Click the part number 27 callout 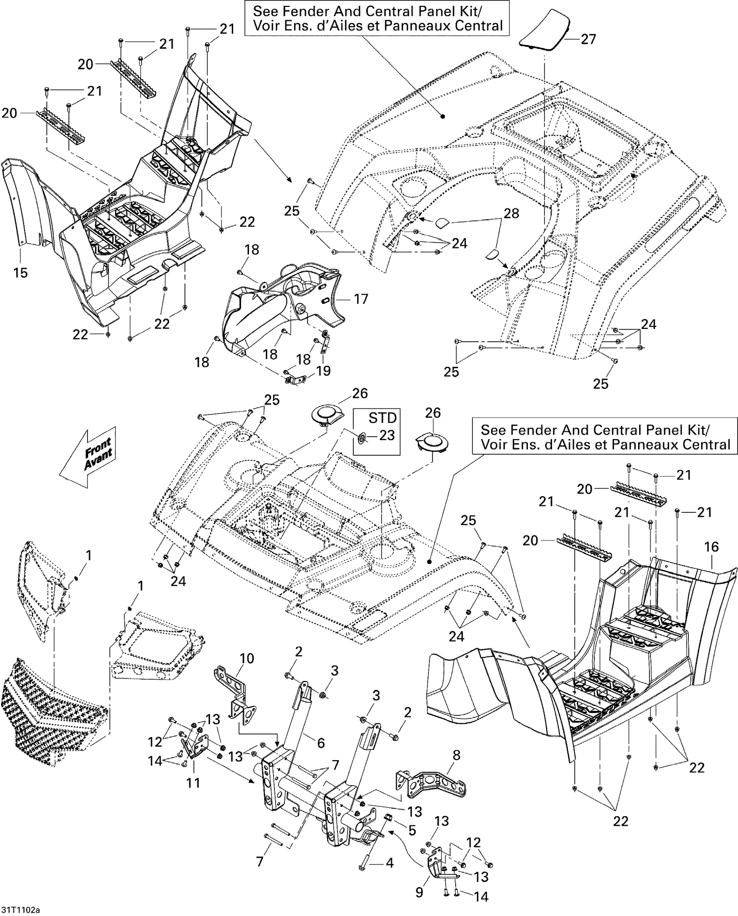point(588,39)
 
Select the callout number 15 point(20,272)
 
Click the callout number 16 point(711,547)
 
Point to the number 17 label point(361,299)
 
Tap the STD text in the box point(382,418)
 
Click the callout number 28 point(512,213)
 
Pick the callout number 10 point(246,658)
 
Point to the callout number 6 point(321,742)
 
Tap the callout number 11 point(193,782)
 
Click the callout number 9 point(419,892)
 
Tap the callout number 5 point(412,830)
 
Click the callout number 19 point(323,370)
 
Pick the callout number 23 point(387,436)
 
